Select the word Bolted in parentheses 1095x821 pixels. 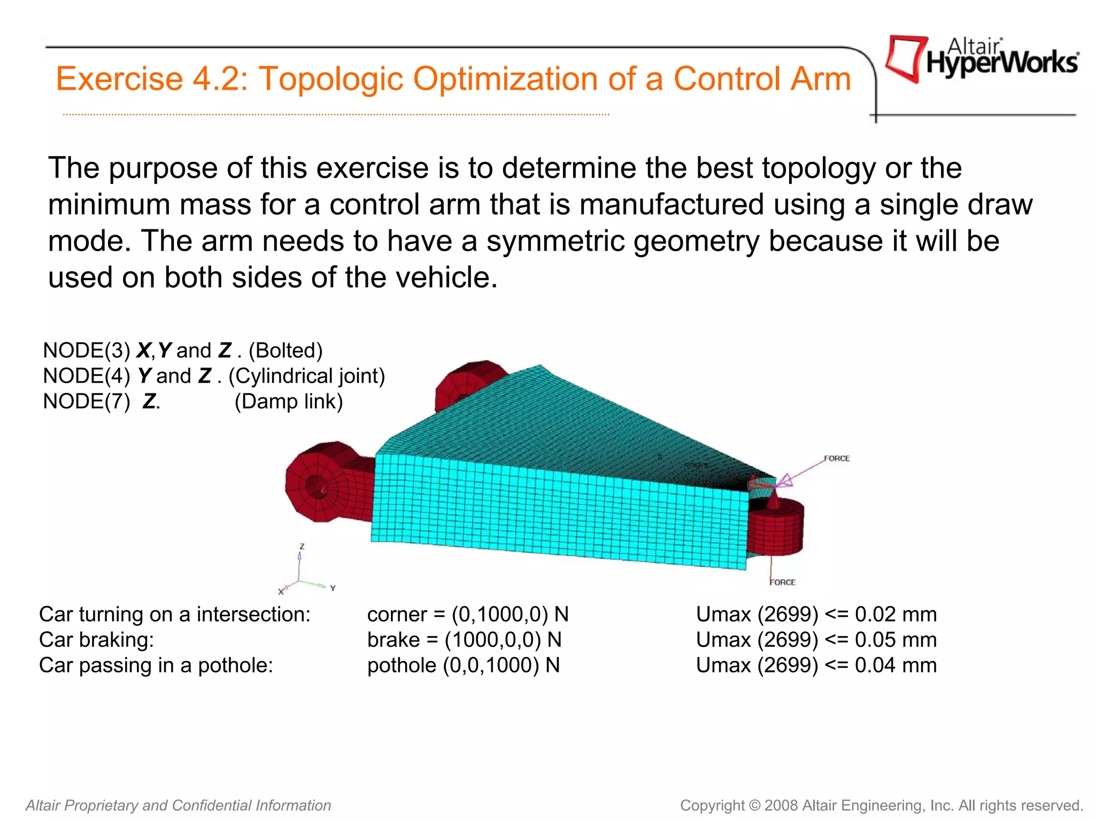(x=286, y=351)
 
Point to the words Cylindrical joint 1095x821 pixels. (x=307, y=376)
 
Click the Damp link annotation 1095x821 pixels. (x=289, y=401)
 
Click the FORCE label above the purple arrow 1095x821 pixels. (x=836, y=459)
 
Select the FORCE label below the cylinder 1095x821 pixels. (x=783, y=582)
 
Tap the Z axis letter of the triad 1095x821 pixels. (x=302, y=546)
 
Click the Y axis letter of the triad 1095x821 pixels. (x=333, y=588)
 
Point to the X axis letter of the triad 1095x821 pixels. (x=280, y=592)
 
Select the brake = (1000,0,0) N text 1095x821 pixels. (x=464, y=640)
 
